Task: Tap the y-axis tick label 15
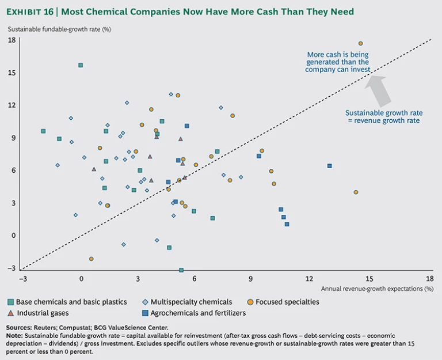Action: [x=12, y=73]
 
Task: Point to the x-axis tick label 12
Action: [x=310, y=278]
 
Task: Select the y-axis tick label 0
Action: [x=13, y=235]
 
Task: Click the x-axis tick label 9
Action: [x=251, y=278]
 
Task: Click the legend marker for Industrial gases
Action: [x=11, y=313]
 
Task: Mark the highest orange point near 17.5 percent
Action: [x=361, y=43]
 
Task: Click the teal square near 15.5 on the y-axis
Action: [x=81, y=65]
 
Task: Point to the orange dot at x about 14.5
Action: [x=356, y=192]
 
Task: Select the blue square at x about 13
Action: [x=329, y=166]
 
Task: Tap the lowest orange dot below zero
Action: [x=91, y=259]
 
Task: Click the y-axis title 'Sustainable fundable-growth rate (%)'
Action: [x=59, y=29]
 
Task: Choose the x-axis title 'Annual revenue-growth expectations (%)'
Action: [x=377, y=289]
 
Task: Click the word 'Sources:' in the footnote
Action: [x=21, y=328]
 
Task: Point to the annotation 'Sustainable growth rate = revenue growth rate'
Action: [x=382, y=117]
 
